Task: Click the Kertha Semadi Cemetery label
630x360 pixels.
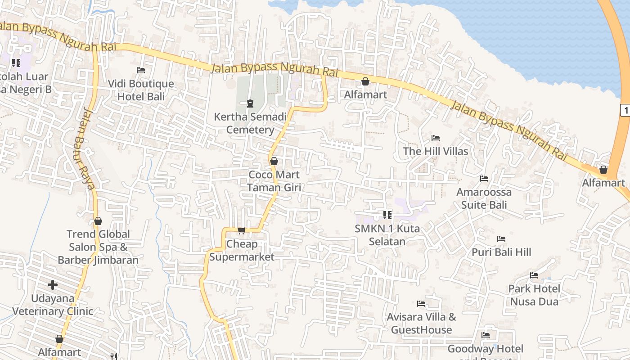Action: coord(250,123)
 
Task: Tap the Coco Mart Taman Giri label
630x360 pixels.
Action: coord(274,180)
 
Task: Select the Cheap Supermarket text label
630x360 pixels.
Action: coord(242,250)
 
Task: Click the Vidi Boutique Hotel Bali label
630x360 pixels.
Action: coord(141,90)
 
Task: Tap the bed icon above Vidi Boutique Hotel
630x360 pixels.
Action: coord(141,70)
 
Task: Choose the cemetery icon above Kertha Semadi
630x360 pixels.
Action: coord(250,103)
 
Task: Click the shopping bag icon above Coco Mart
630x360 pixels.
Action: coord(274,161)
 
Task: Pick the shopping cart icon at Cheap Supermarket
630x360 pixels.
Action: coord(242,231)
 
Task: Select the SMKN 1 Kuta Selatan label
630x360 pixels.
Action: coord(387,235)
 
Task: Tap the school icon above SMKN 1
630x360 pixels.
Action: coord(387,215)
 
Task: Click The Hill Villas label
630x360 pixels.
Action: coord(436,151)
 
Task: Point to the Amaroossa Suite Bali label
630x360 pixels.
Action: coord(484,198)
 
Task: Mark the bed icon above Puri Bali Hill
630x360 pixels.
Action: coord(501,239)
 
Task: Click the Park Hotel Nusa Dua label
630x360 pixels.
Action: coord(534,295)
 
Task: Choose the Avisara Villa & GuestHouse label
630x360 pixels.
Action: coord(421,323)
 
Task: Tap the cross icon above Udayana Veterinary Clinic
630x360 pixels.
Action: coord(53,285)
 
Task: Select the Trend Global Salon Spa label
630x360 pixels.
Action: coord(98,247)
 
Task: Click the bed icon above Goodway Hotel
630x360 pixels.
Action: coord(485,335)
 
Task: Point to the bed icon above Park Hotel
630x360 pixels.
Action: coord(534,275)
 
